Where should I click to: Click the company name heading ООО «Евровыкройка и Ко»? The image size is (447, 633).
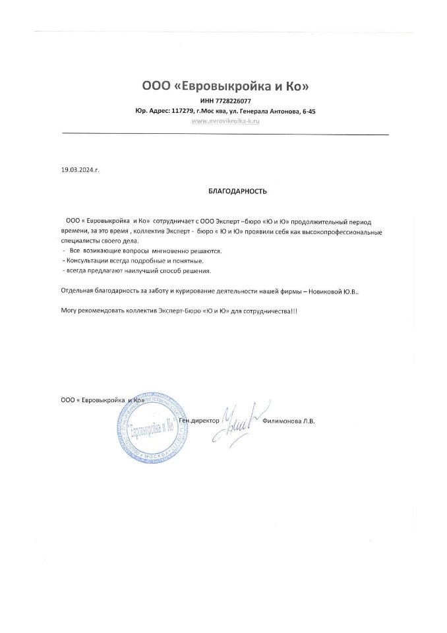[x=225, y=86]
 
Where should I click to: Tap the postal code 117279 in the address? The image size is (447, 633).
[x=181, y=111]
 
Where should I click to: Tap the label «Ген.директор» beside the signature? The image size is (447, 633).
[x=198, y=420]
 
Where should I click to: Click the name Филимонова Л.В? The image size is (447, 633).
[x=289, y=420]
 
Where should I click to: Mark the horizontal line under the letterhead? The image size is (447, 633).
[x=225, y=135]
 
